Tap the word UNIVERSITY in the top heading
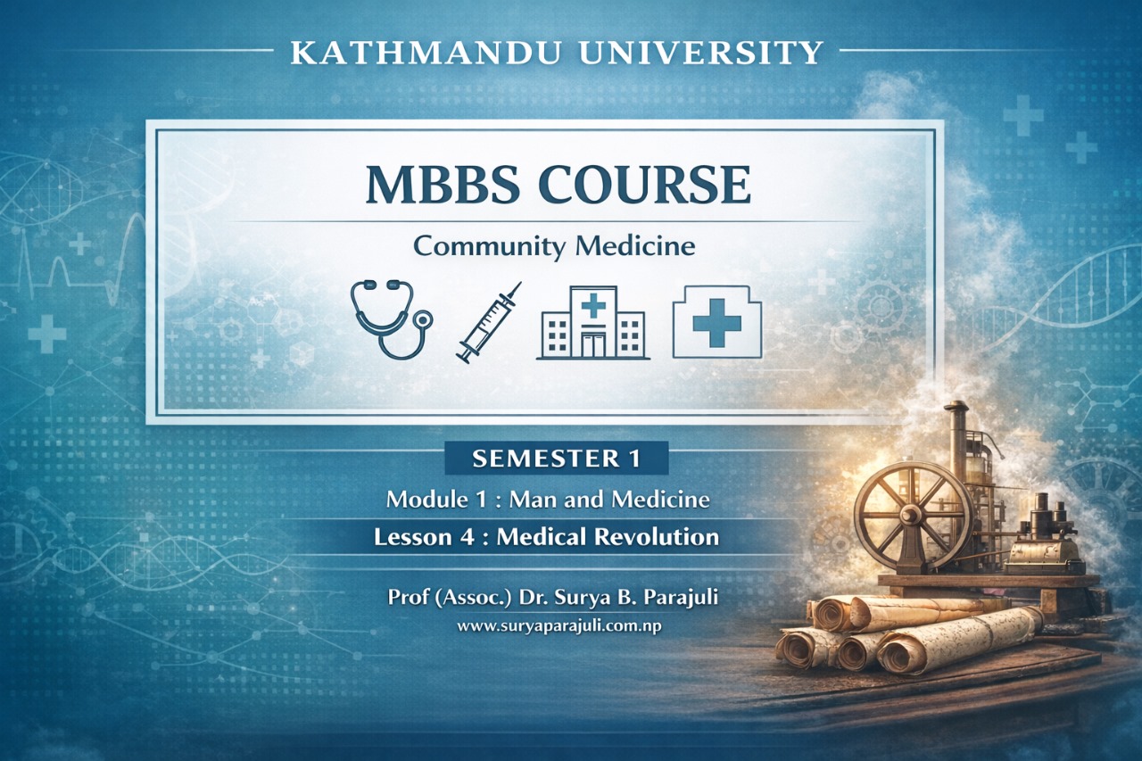[700, 54]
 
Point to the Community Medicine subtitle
[554, 245]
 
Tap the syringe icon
[488, 322]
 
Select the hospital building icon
[592, 322]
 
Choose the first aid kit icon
[716, 322]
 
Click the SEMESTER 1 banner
[556, 459]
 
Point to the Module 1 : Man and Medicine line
[548, 500]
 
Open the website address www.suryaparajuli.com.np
[559, 626]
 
